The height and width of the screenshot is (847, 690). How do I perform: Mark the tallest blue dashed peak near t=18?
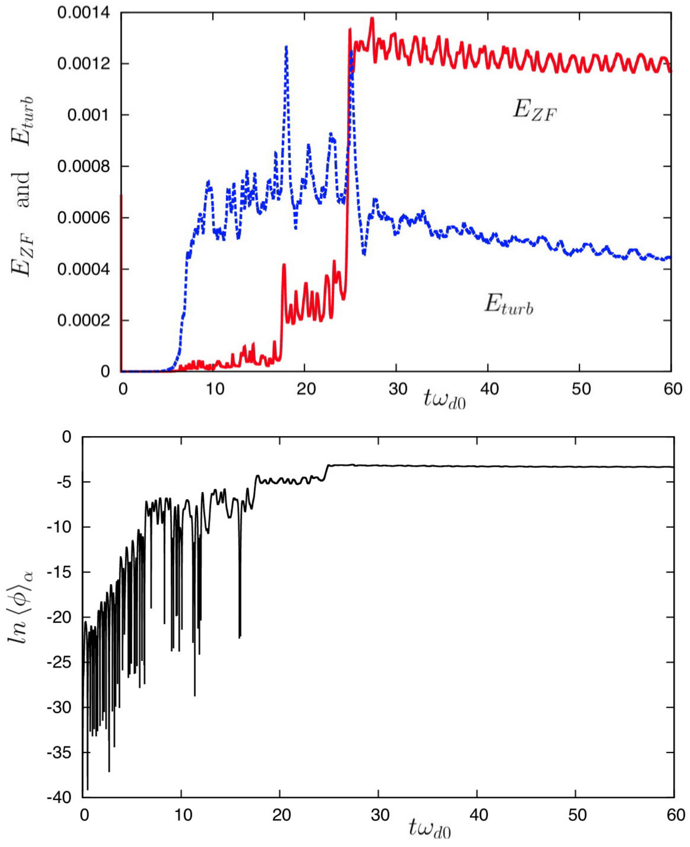pos(286,47)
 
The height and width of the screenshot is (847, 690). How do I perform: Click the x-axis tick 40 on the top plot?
pos(489,389)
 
